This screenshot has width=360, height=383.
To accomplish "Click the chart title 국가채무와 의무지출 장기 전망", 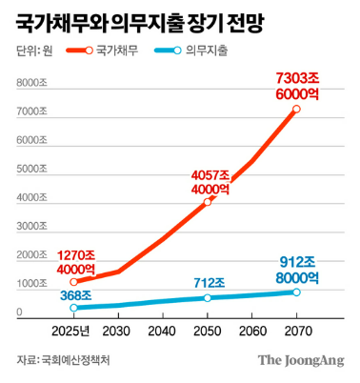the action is pos(140,23).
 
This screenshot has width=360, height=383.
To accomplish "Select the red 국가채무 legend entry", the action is pos(102,50).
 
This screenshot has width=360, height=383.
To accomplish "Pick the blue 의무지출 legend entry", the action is pos(191,50).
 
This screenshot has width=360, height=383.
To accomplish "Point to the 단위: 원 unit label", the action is pos(34,50).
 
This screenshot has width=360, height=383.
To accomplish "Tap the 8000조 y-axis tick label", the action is pos(31,83).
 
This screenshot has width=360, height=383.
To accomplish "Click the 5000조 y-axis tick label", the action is pos(31,169).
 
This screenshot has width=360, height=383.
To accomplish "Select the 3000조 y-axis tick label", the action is pos(31,226).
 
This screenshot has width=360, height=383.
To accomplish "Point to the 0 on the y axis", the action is pos(19,312).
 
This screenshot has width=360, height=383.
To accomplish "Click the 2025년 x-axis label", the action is pos(70,332).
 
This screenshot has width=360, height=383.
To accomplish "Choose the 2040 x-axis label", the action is pos(162,332).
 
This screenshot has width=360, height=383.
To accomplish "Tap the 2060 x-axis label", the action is pos(252,332).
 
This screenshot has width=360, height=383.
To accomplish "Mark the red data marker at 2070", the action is pos(296,109).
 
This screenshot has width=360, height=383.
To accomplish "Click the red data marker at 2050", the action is pos(208,202).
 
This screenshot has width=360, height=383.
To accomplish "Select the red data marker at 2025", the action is pos(73,282).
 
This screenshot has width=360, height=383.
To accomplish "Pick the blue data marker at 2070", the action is pos(296,292).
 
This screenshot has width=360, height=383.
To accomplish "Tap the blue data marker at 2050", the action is pos(208,298).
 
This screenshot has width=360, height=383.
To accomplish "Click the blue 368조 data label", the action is pos(76,295).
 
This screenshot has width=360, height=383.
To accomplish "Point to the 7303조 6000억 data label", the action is pos(297,87).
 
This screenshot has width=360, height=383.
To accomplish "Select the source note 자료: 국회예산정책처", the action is pos(63,360).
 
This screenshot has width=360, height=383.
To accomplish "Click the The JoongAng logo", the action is pos(301,360).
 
